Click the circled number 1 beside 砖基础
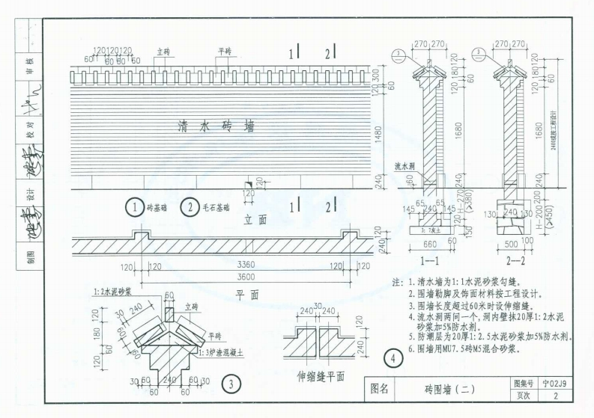[134, 207]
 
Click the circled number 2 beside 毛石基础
[190, 207]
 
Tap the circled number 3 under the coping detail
[233, 385]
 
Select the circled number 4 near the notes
[393, 357]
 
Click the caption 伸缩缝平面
[321, 375]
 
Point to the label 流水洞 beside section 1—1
[405, 167]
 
